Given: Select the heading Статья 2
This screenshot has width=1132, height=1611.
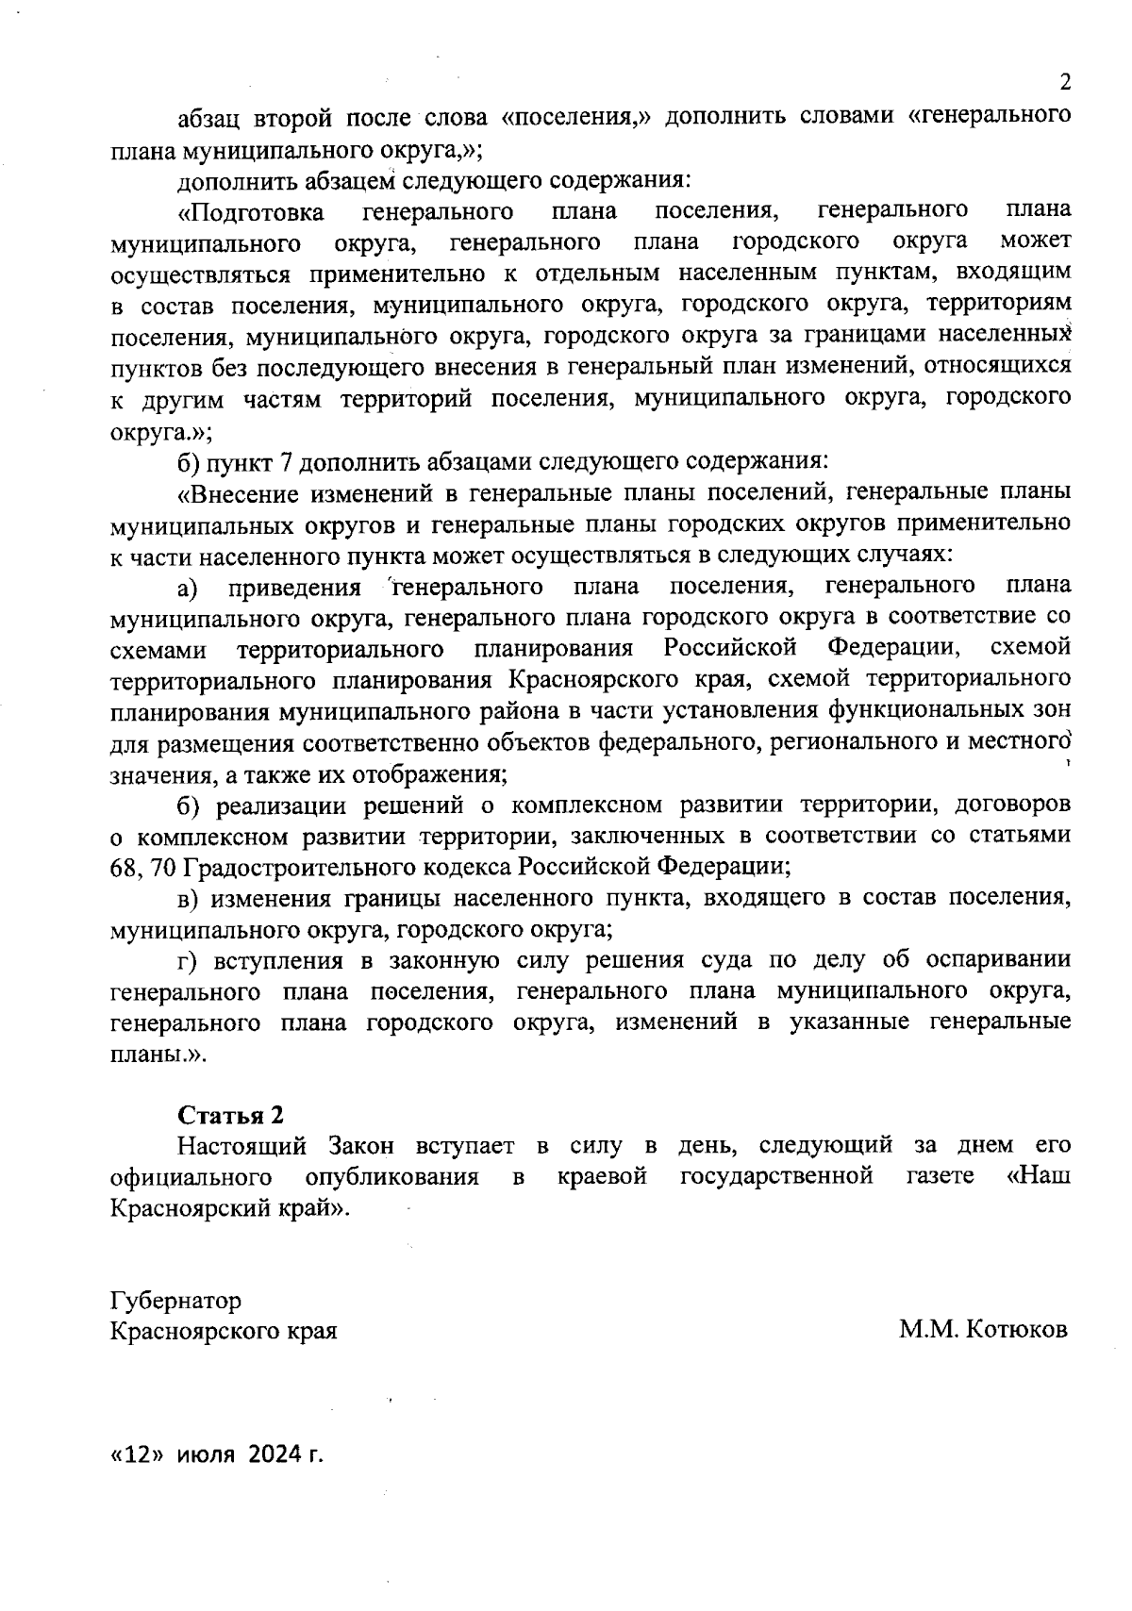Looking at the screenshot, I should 231,1115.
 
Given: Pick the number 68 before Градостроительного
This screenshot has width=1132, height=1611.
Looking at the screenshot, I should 124,865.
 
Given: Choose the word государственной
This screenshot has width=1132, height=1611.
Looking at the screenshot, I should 776,1177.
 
